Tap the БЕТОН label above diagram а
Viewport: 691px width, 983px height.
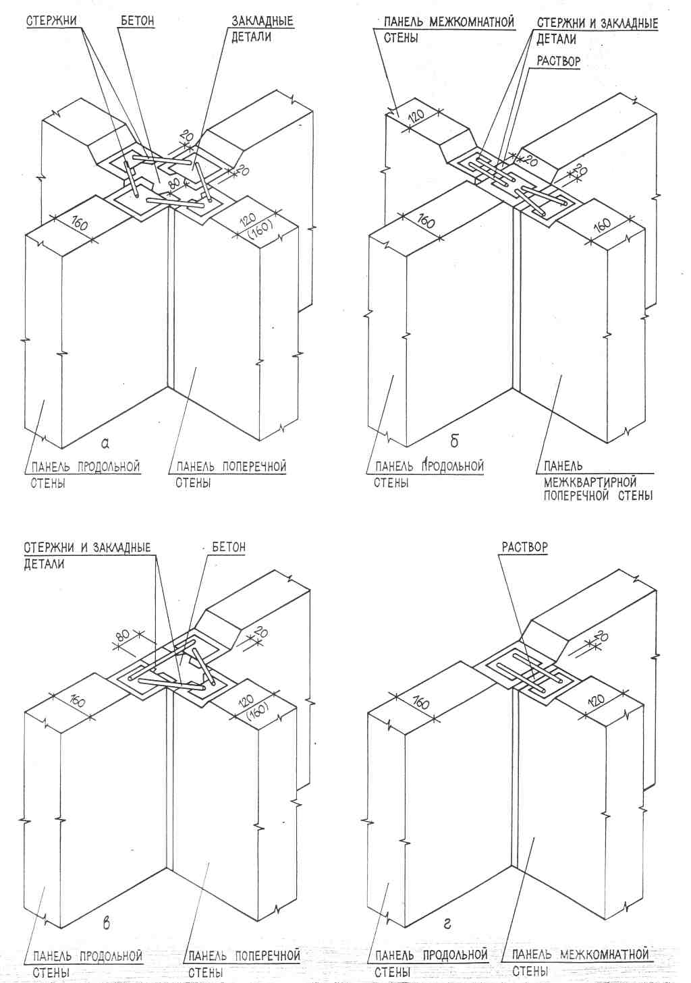click(x=137, y=21)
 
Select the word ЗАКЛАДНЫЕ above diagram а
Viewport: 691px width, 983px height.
click(x=262, y=21)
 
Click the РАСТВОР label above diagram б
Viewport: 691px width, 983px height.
click(x=558, y=60)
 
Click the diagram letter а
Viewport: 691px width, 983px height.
click(x=105, y=443)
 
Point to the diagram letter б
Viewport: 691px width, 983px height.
click(x=454, y=442)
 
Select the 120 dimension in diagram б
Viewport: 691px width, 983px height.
click(x=416, y=115)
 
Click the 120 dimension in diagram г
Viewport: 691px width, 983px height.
click(x=595, y=700)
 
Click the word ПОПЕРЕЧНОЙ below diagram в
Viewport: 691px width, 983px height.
click(x=267, y=955)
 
